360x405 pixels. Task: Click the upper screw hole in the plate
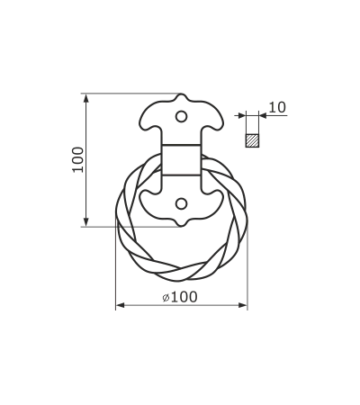click(181, 116)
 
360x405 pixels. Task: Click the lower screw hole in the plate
click(181, 204)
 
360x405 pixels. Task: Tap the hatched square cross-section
click(252, 140)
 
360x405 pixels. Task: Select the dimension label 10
click(277, 107)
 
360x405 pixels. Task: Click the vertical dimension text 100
click(78, 159)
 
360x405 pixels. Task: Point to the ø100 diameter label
click(180, 297)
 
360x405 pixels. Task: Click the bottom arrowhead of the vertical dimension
click(86, 221)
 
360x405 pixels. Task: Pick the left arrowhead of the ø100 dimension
click(121, 305)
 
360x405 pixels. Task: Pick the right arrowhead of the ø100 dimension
click(243, 305)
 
